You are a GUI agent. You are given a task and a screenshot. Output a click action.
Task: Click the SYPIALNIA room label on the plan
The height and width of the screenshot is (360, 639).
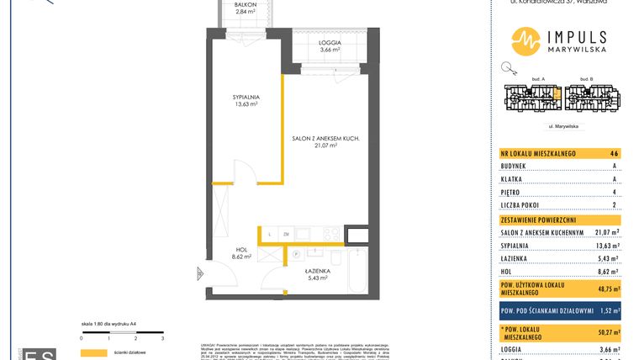[246, 97]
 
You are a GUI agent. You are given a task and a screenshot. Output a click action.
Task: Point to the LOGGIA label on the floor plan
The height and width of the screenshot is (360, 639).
[330, 42]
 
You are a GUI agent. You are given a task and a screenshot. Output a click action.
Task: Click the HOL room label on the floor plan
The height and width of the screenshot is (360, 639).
[241, 250]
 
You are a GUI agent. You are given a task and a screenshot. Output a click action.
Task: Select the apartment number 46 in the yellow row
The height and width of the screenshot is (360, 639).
[615, 154]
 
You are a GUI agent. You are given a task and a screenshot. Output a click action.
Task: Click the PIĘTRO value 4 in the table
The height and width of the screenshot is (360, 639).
[615, 192]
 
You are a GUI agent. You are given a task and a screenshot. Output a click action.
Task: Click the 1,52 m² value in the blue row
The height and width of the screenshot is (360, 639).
[607, 310]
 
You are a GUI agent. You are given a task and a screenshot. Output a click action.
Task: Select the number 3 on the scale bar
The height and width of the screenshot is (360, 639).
[161, 336]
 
